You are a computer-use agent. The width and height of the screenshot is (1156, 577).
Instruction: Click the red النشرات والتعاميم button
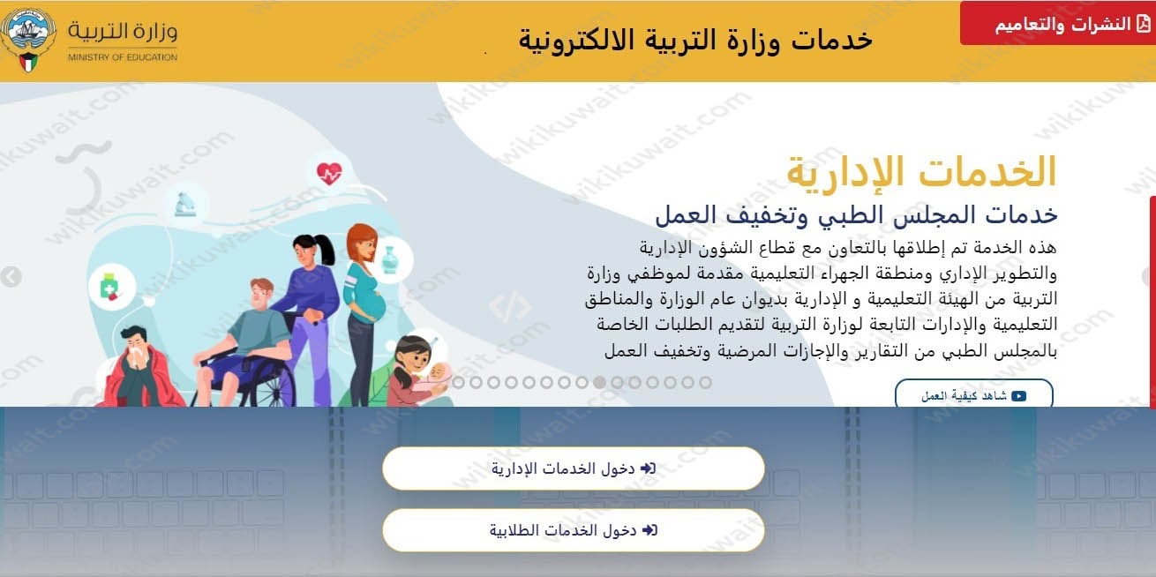point(1057,24)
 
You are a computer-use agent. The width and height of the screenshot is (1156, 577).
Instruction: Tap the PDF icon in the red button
point(1143,24)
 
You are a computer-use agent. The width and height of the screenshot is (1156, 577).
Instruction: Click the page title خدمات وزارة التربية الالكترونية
point(694,40)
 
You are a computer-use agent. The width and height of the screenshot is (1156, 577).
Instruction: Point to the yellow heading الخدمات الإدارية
point(921,171)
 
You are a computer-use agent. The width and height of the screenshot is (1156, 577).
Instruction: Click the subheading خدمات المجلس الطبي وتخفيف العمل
point(855,214)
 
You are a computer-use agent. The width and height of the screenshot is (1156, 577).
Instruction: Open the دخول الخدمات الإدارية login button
point(573,468)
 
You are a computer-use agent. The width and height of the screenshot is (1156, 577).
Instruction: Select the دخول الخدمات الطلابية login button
point(573,530)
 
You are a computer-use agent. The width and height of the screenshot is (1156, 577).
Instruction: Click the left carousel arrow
point(11,277)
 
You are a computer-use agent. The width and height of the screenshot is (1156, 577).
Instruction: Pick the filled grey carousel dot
point(599,383)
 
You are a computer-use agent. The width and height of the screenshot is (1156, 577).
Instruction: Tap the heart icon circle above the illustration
point(328,173)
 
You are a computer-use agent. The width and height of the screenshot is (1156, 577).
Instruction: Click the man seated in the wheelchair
point(251,322)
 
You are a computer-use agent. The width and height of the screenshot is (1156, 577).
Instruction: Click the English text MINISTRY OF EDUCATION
point(123,57)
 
